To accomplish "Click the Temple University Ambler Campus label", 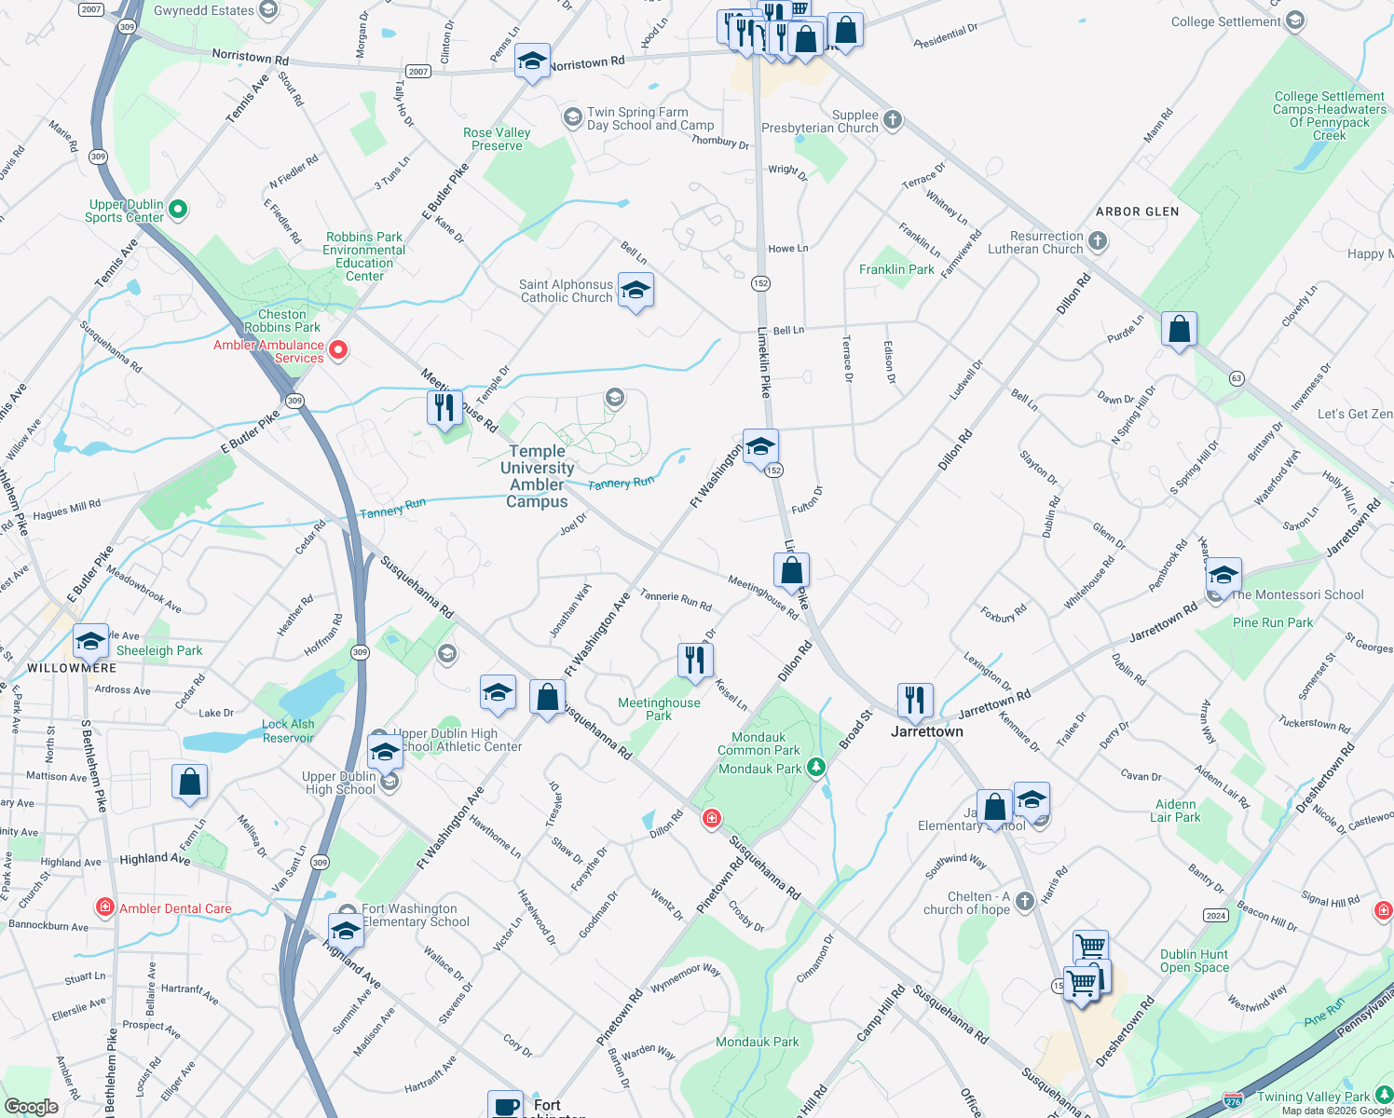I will click(x=537, y=476).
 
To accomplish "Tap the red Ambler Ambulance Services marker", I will click(x=339, y=350).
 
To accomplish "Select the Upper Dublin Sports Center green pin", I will click(x=178, y=210).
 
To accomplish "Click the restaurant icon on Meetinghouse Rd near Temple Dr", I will click(x=444, y=408).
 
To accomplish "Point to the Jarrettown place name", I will click(x=926, y=731).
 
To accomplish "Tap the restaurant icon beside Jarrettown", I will click(x=915, y=701).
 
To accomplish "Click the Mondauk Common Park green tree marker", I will click(x=816, y=767).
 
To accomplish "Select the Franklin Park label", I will click(x=896, y=269).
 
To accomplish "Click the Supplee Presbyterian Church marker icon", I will click(x=893, y=119).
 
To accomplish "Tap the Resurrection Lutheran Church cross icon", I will click(x=1098, y=241).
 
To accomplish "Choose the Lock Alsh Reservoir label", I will click(x=288, y=730).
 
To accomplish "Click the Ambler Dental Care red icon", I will click(x=105, y=907).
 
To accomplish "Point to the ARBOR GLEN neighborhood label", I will click(x=1137, y=211).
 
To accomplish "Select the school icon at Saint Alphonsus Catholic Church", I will click(x=635, y=291).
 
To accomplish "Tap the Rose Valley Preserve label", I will click(x=497, y=139).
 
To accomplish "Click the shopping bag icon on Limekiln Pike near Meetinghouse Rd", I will click(x=791, y=570).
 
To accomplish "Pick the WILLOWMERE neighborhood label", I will click(x=72, y=668).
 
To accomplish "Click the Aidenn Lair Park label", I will click(x=1175, y=811).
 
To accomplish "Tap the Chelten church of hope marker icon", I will click(x=1025, y=901).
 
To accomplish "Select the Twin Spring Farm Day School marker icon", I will click(x=572, y=117).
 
